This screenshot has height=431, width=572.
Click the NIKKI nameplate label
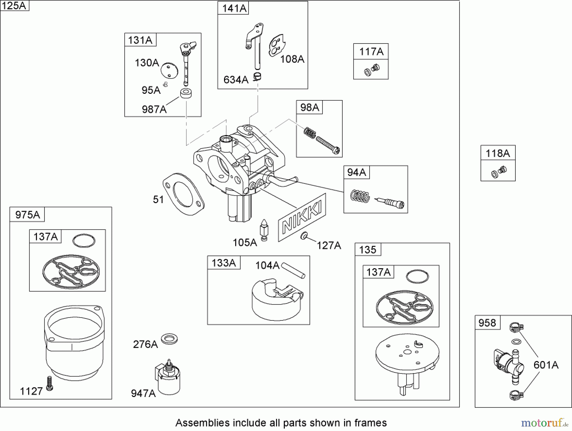302,217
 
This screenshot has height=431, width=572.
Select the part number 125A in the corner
14,5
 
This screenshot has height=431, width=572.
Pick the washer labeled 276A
169,339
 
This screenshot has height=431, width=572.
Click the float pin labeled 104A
293,270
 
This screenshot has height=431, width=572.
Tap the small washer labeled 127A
304,236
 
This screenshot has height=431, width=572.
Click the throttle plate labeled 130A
168,70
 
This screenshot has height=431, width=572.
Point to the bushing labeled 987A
186,93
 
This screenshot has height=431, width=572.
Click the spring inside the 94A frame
360,196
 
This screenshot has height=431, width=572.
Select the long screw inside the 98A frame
327,145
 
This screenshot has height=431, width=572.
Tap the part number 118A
498,154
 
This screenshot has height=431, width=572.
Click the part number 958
487,323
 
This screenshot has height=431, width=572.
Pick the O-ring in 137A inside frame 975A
84,241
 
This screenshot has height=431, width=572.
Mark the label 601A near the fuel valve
546,365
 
